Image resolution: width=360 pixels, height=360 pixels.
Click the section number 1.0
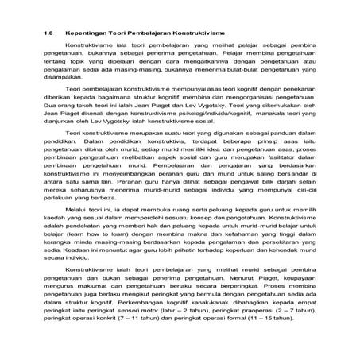click(48, 36)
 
